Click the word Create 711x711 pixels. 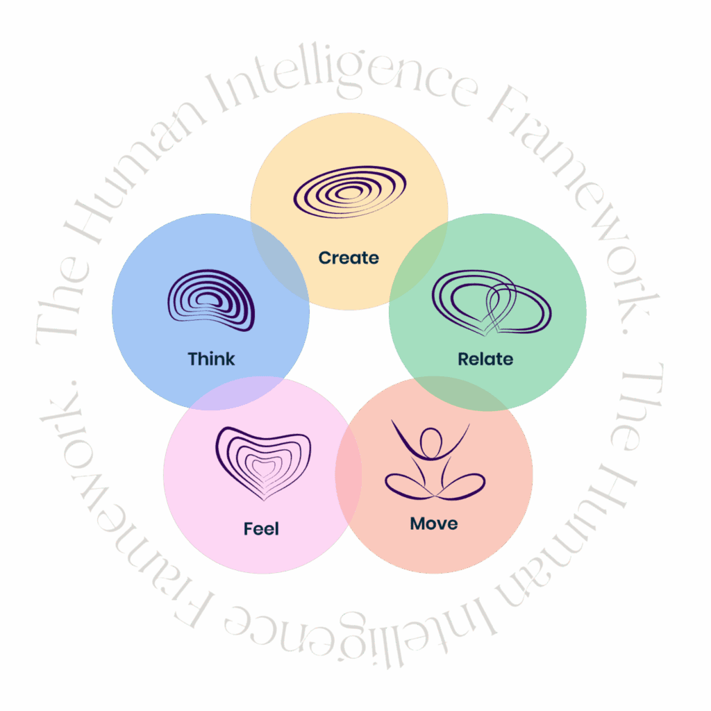tap(349, 258)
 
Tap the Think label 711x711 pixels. tap(211, 359)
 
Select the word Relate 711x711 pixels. tap(485, 359)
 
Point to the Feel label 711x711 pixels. tap(261, 529)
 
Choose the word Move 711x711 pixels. tap(434, 523)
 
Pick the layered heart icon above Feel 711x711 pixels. tap(263, 462)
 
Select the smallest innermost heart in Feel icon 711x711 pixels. tap(263, 469)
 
